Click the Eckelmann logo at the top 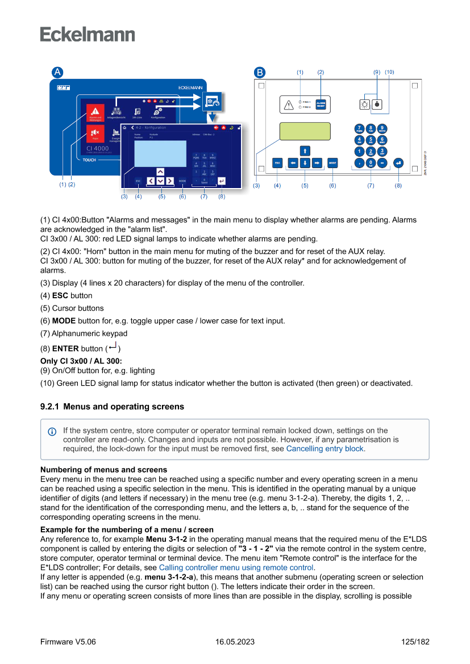[x=88, y=34]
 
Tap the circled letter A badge [x=57, y=73]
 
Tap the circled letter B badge [x=259, y=73]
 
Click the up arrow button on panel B [x=305, y=151]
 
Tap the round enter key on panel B [x=398, y=162]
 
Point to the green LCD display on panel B [x=305, y=131]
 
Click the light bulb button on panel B [x=365, y=105]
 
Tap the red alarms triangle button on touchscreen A [x=94, y=112]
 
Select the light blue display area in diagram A [x=160, y=153]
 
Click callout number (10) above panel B [x=389, y=72]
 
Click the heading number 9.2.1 [x=49, y=407]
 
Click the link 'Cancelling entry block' [x=325, y=448]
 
